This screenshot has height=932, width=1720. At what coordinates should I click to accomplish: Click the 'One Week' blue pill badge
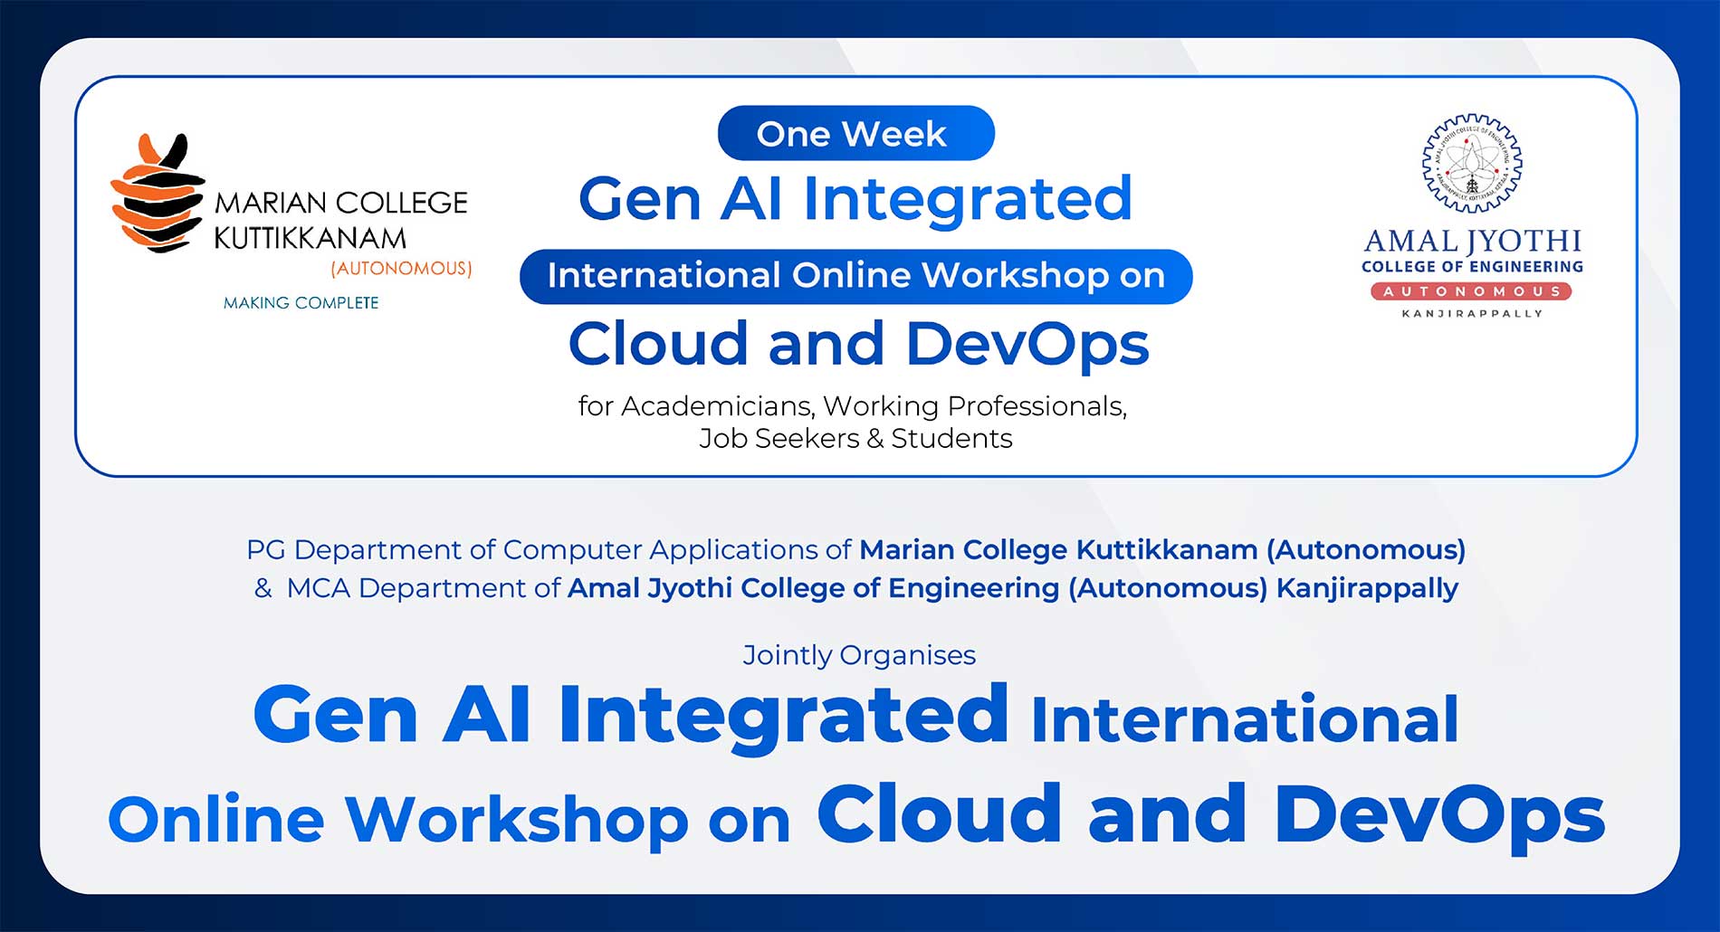tap(855, 134)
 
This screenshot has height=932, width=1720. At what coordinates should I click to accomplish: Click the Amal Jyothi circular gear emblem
tap(1471, 164)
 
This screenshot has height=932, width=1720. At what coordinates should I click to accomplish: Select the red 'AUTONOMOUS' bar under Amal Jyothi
tap(1471, 291)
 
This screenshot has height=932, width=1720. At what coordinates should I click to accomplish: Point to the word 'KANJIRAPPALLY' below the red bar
tap(1472, 314)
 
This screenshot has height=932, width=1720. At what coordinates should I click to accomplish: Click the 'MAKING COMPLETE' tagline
tap(301, 303)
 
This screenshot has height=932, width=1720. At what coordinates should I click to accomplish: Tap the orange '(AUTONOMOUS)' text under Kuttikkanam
tap(401, 269)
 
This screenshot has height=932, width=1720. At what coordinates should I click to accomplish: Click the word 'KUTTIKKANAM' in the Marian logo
tap(310, 238)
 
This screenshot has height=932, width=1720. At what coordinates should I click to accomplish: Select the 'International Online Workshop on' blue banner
tap(855, 276)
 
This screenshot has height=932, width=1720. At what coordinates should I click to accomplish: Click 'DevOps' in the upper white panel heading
tap(1027, 346)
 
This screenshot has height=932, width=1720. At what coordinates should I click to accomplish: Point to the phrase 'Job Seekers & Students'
tap(855, 439)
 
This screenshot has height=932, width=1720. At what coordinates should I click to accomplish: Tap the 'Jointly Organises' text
tap(858, 655)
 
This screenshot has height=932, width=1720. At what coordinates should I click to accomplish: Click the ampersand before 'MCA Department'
tap(263, 588)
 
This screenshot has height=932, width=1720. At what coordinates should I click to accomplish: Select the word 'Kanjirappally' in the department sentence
tap(1366, 588)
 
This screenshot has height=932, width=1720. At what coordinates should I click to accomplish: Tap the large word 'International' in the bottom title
tap(1244, 720)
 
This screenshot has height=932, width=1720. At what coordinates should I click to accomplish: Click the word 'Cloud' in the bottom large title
tap(939, 813)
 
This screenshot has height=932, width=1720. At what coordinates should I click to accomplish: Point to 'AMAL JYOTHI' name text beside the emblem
tap(1472, 241)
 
